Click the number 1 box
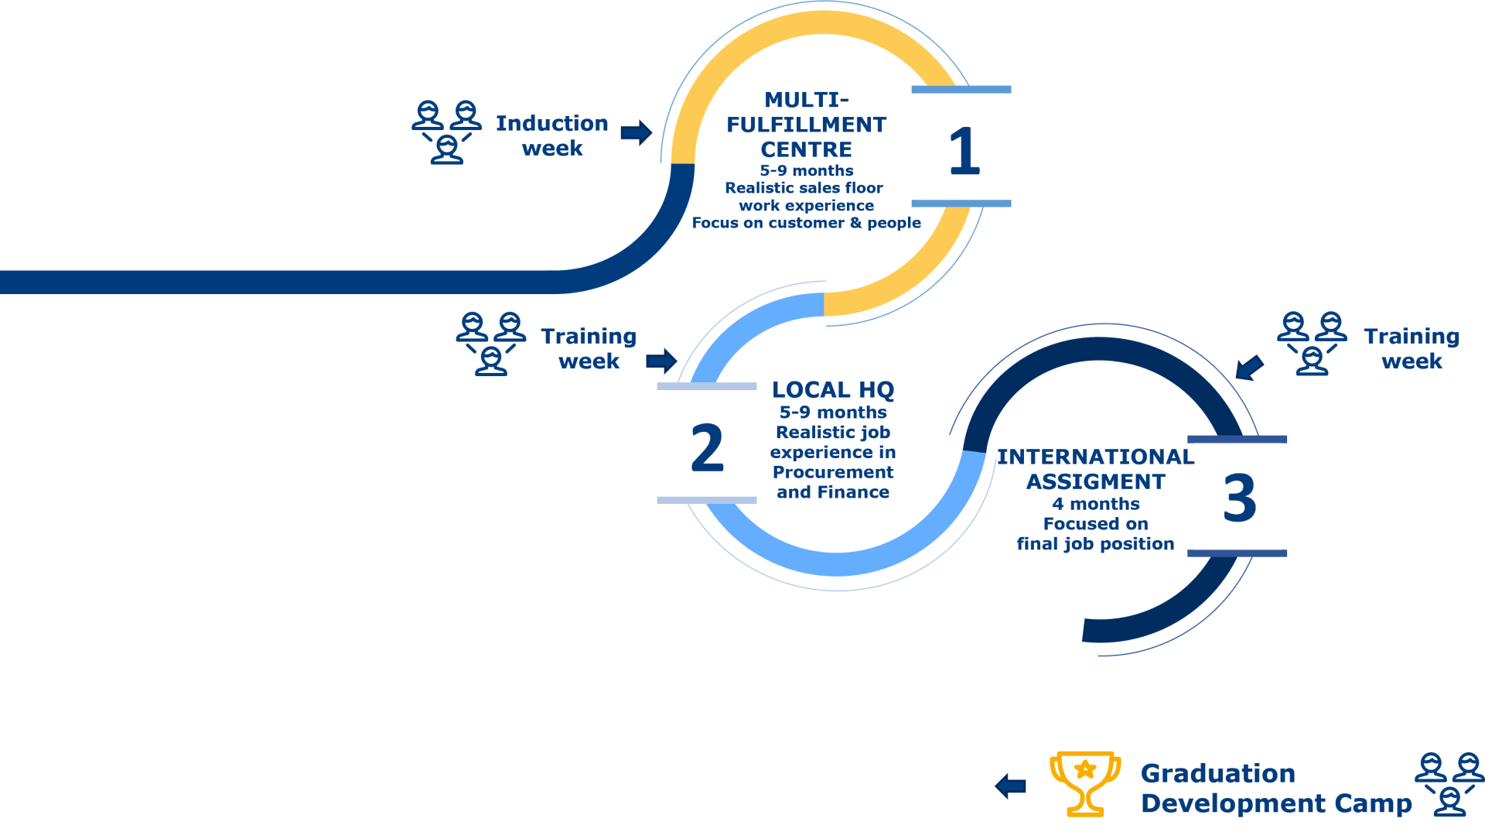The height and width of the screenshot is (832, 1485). (961, 147)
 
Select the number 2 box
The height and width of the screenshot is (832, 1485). (706, 445)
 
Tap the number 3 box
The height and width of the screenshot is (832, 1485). (1237, 496)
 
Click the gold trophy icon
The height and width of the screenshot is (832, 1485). (1084, 782)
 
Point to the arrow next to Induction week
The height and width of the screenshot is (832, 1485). (636, 133)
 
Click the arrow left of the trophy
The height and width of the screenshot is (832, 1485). (1010, 786)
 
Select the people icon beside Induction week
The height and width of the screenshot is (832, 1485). (446, 132)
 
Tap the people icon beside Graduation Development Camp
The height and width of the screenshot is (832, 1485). (1449, 783)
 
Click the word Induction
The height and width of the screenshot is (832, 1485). (551, 123)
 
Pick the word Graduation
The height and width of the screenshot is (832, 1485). (1217, 773)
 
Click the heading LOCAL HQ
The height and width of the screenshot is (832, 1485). (833, 390)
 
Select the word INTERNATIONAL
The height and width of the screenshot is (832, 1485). (1094, 457)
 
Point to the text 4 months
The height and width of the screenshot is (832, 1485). (1095, 504)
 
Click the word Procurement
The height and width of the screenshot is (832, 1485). (832, 472)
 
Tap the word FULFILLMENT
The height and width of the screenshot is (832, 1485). (806, 125)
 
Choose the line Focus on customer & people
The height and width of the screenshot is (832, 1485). (806, 223)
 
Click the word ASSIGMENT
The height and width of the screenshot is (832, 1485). (1095, 481)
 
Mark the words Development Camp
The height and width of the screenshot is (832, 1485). (1276, 803)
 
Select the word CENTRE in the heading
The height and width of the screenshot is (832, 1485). (806, 149)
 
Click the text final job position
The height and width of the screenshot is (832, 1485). (1095, 544)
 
